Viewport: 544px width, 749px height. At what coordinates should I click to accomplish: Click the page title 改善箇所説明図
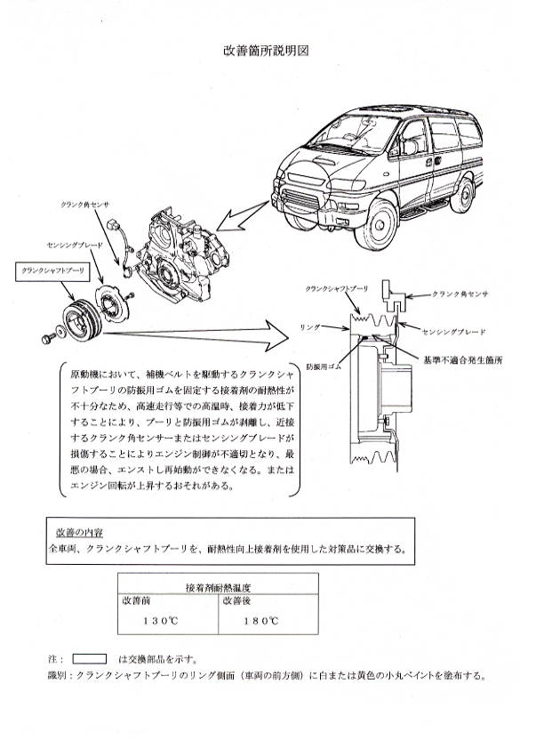[266, 51]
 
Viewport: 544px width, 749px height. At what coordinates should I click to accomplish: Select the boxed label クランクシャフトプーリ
[52, 270]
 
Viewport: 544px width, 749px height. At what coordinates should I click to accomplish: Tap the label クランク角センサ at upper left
[84, 205]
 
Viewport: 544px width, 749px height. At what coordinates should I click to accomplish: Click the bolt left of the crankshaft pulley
[47, 339]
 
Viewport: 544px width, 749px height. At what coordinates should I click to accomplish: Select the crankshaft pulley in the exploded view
[82, 320]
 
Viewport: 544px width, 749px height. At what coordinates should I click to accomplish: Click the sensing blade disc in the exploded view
[113, 303]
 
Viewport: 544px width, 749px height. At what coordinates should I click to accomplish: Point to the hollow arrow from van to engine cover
[242, 217]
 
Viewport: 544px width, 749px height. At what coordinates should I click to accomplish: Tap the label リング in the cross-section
[309, 327]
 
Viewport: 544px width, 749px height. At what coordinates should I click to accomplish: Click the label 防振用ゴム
[324, 366]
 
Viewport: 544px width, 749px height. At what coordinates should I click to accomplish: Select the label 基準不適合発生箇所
[463, 360]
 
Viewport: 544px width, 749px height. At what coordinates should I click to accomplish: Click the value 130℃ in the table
[161, 621]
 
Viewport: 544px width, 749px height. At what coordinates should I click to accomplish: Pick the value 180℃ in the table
[261, 621]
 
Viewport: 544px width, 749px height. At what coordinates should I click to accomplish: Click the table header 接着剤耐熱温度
[218, 587]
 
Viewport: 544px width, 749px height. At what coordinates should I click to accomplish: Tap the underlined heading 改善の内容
[79, 532]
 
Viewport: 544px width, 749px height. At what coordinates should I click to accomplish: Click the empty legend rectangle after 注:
[89, 659]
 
